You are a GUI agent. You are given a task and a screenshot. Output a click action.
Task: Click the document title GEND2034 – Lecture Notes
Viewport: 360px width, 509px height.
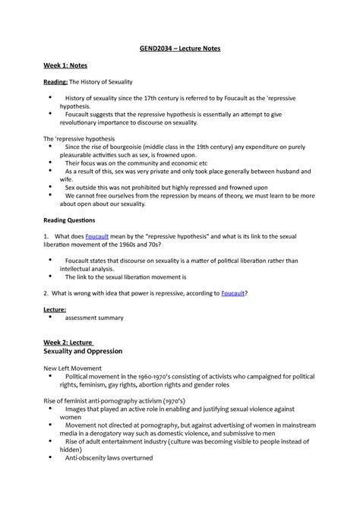coord(180,49)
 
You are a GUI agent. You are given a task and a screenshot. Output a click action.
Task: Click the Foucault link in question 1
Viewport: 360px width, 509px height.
coord(100,238)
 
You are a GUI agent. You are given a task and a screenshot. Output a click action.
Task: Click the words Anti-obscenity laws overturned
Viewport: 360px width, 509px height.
coord(109,458)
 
